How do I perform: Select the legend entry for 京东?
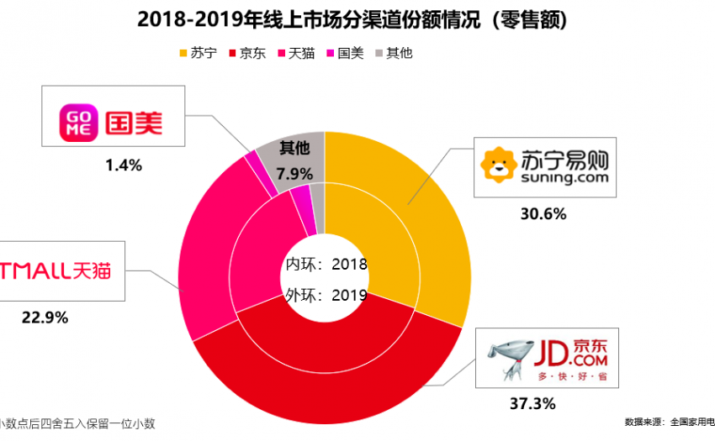(x=246, y=53)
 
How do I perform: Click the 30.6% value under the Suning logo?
(x=544, y=213)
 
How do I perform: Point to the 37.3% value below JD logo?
(x=532, y=404)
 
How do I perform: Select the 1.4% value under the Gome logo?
(x=123, y=165)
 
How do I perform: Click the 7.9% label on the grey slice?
(x=294, y=174)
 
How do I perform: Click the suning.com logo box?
(x=544, y=166)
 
